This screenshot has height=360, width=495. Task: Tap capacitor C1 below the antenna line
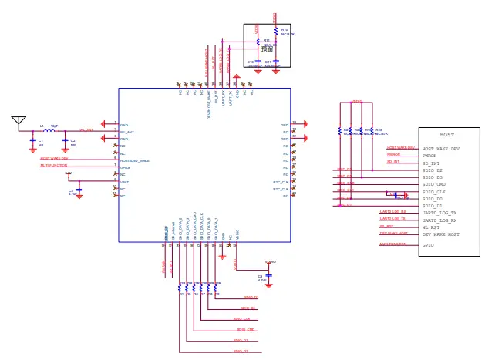[x=32, y=141]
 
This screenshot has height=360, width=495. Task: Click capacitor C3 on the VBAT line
[x=79, y=190]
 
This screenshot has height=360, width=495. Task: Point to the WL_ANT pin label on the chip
[x=128, y=132]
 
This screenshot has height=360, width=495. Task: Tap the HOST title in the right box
[x=446, y=135]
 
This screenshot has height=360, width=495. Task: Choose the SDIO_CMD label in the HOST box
[x=433, y=184]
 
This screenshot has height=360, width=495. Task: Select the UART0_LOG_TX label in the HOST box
[x=439, y=213]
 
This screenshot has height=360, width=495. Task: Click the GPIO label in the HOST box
[x=428, y=245]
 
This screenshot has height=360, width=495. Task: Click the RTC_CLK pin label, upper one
[x=281, y=183]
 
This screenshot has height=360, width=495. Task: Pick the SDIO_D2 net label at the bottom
[x=241, y=352]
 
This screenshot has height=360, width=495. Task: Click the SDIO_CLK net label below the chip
[x=241, y=319]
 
